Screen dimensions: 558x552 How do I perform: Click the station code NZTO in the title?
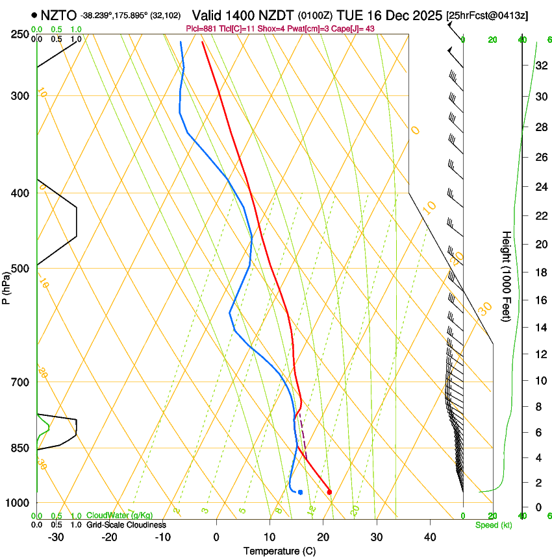58,15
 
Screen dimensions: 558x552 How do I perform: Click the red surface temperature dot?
329,492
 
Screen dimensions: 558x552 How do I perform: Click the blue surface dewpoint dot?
300,492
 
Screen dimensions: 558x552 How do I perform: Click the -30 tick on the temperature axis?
56,537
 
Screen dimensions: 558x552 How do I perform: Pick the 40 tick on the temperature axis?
430,537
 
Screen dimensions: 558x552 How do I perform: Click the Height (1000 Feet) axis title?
507,276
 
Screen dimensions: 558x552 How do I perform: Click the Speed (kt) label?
493,525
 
